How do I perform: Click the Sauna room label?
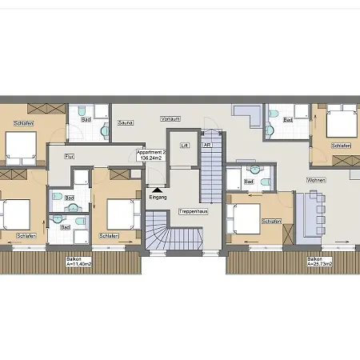(x=125, y=122)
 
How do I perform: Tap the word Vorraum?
(x=170, y=118)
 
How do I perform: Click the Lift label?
(x=185, y=146)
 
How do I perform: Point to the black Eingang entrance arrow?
(x=157, y=189)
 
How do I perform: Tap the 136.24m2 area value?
(x=151, y=158)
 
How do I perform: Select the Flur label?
(x=69, y=156)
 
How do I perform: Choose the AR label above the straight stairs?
(x=206, y=146)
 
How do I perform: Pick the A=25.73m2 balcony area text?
(x=319, y=264)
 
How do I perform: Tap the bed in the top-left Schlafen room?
(x=22, y=145)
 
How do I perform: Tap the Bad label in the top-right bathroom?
(x=287, y=120)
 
